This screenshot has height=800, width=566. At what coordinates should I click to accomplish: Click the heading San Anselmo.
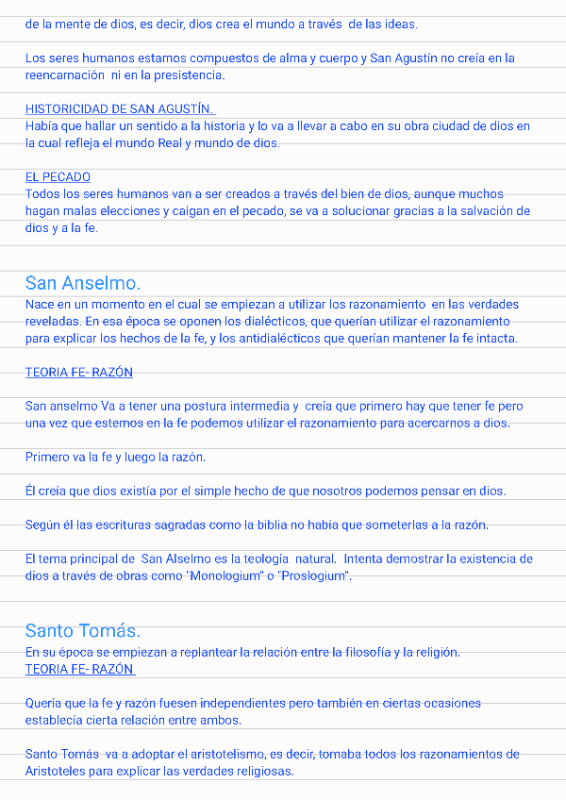83,283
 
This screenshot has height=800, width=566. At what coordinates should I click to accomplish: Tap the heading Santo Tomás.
83,631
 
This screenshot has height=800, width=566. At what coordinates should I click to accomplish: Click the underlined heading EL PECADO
58,177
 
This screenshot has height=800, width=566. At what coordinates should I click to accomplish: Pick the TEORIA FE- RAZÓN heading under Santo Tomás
79,670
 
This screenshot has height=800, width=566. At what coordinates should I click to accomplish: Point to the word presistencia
190,75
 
